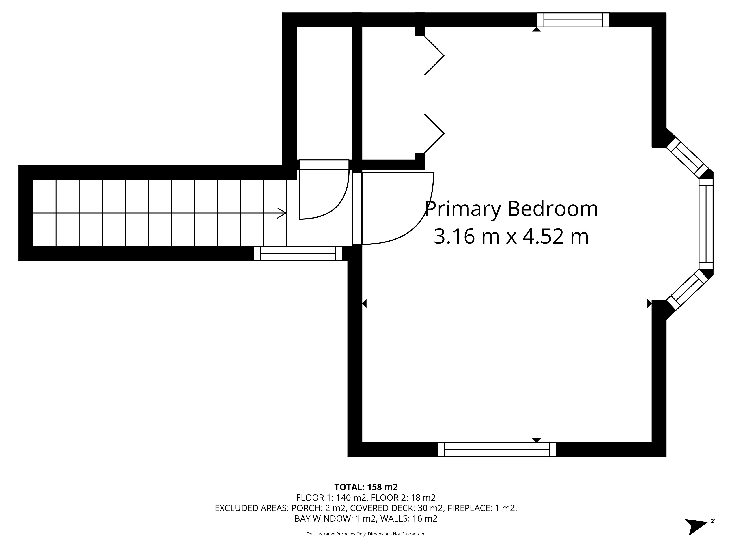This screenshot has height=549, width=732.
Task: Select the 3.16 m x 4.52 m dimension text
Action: (511, 237)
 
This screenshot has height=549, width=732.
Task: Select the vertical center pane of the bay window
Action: (706, 224)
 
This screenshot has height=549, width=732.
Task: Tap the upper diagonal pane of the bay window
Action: (685, 158)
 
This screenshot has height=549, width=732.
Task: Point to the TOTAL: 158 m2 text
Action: (366, 487)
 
